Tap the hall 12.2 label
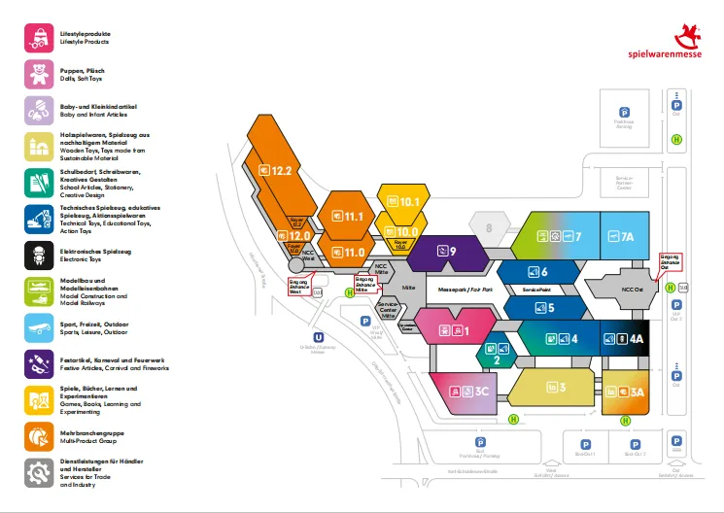281,170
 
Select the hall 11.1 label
353,216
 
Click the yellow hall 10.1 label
408,202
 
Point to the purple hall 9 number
452,251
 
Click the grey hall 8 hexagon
490,228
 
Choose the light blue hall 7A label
627,236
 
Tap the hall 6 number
544,272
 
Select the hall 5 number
551,308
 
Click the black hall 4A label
637,339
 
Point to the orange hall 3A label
637,393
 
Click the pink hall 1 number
465,331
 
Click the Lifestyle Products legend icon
39,37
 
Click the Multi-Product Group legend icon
39,436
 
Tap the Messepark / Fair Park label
466,291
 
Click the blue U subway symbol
318,335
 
